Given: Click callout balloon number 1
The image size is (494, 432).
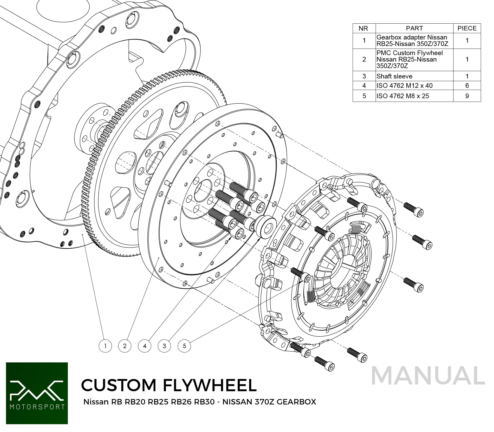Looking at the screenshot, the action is pos(105,346).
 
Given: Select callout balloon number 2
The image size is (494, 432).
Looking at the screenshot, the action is pos(125,346).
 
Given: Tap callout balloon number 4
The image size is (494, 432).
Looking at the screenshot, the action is pos(145,346).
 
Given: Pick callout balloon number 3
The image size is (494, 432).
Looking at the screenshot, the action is pos(164,346).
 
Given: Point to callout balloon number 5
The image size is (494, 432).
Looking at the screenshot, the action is pos(184,346).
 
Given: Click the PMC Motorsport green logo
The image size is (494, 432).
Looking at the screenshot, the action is pos(37,393).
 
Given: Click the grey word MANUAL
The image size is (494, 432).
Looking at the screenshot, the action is pos(428,376).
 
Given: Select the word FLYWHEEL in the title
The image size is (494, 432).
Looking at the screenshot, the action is pos(210,385).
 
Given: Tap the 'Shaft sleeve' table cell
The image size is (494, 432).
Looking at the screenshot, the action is pos(414,76).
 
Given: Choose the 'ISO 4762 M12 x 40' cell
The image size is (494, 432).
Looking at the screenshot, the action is pos(414,85).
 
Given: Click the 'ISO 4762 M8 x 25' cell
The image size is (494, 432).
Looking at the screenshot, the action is pos(414,96).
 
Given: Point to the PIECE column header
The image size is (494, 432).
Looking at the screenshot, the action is pos(467,28).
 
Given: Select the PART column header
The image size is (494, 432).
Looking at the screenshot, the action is pos(414,28).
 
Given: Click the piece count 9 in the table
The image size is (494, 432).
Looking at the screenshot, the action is pos(467,96).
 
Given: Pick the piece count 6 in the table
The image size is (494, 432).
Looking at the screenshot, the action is pos(467,85).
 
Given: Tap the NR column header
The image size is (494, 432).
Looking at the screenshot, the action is pos(364,28).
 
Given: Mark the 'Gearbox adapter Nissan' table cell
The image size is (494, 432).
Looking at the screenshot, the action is pos(414,41).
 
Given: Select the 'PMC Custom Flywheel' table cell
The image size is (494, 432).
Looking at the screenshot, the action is pos(414,59).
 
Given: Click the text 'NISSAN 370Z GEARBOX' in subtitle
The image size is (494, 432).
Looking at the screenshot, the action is pos(269,402).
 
